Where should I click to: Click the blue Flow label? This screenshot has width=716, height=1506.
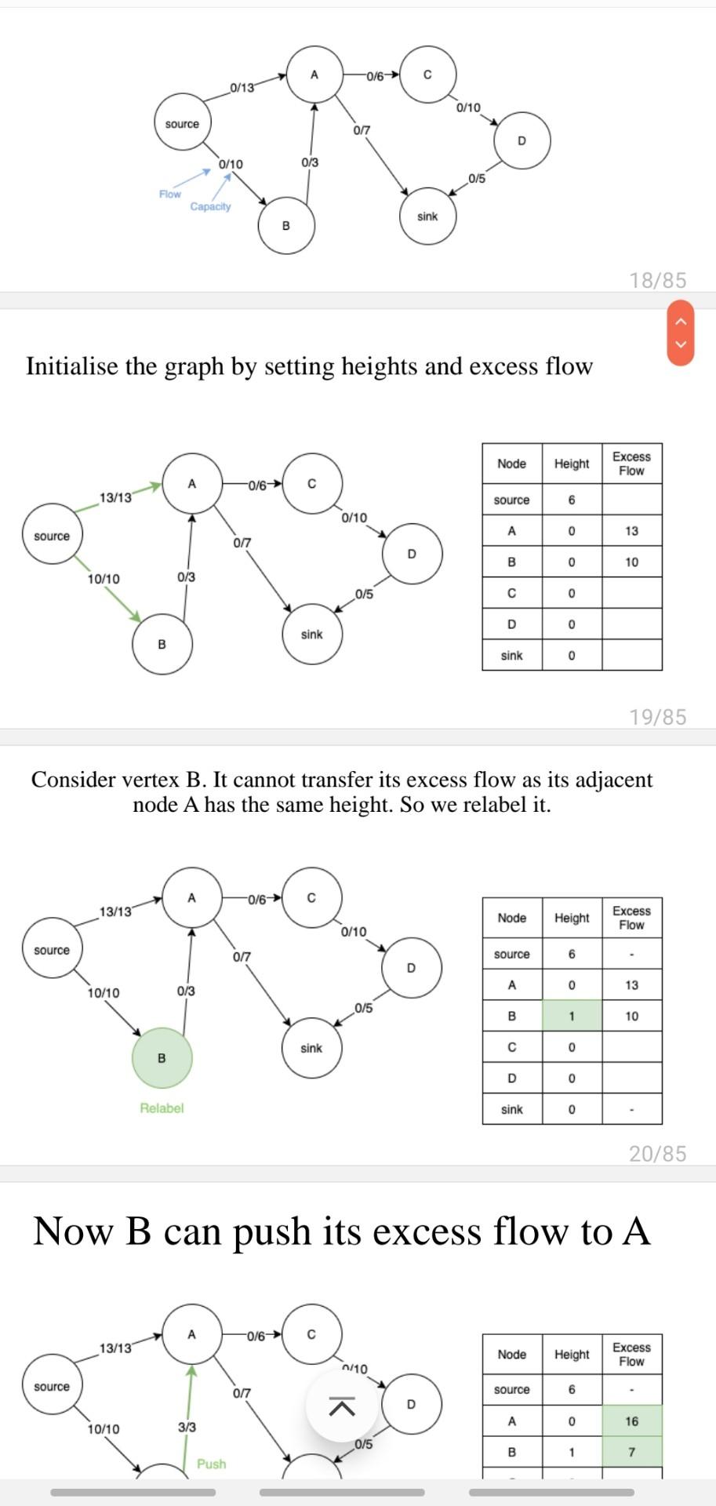click(169, 194)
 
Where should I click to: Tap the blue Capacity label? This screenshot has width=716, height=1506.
click(210, 206)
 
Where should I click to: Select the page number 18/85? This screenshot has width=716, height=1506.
click(657, 280)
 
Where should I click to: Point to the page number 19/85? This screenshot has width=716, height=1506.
click(657, 717)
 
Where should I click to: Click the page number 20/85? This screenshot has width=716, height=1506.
click(657, 1153)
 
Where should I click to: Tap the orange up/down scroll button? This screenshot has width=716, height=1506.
click(681, 333)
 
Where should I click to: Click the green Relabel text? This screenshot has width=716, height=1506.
click(162, 1108)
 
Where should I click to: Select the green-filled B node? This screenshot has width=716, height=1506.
click(162, 1058)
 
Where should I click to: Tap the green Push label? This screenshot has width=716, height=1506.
click(211, 1464)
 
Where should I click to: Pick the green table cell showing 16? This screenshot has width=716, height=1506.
click(632, 1421)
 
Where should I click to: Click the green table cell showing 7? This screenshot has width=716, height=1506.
click(632, 1452)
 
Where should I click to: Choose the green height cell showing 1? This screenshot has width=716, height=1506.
click(572, 1016)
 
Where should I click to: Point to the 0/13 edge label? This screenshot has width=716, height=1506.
click(242, 87)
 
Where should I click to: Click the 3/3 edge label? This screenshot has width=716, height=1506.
click(187, 1427)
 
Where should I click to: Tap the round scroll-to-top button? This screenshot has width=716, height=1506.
click(341, 1407)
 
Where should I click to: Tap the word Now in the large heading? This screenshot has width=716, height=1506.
click(73, 1231)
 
